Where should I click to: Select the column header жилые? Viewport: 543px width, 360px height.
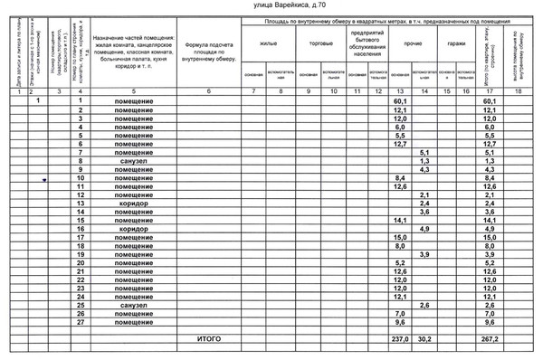(x=268, y=43)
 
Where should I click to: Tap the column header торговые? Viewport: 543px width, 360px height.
(x=320, y=43)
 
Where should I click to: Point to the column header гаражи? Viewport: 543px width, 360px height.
(x=456, y=43)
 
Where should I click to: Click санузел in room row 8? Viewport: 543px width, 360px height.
(x=132, y=161)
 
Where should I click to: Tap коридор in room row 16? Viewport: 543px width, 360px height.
(x=132, y=229)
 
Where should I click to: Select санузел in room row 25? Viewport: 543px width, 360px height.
(x=132, y=305)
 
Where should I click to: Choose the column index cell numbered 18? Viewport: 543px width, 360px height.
(x=518, y=92)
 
